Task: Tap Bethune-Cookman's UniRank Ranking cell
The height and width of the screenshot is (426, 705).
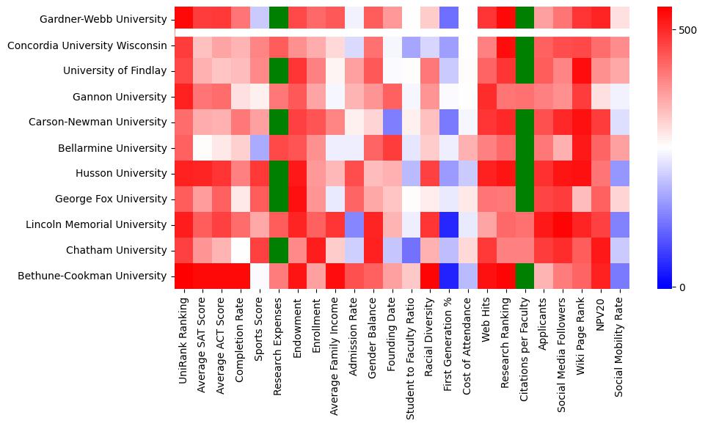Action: (x=184, y=276)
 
